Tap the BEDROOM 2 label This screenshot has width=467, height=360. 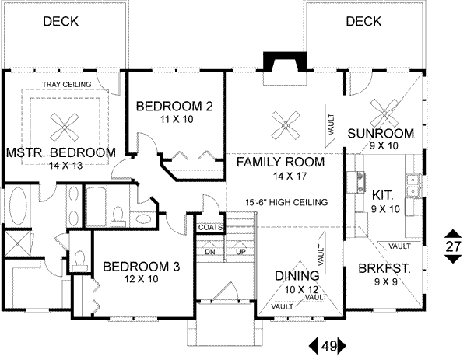pyautogui.click(x=170, y=106)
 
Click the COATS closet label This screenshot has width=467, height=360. pyautogui.click(x=210, y=228)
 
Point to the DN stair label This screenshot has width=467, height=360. pyautogui.click(x=209, y=252)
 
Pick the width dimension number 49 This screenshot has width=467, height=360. pyautogui.click(x=328, y=345)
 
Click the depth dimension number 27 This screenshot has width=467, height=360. pyautogui.click(x=453, y=246)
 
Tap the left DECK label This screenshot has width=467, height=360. pyautogui.click(x=61, y=22)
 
